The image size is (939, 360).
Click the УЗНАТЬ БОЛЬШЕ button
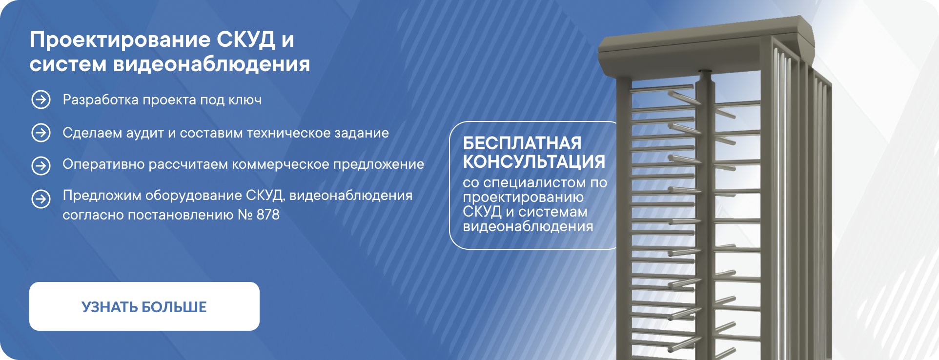click(144, 306)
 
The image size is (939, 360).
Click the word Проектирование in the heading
click(120, 40)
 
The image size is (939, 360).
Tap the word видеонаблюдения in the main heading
click(211, 64)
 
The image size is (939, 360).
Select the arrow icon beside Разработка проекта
click(41, 100)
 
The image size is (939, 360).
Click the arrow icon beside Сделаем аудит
click(41, 133)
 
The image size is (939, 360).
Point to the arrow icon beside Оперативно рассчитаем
click(41, 166)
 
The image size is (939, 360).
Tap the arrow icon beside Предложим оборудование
click(41, 199)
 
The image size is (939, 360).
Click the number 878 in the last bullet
click(268, 215)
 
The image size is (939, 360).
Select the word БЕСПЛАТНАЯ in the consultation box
click(522, 143)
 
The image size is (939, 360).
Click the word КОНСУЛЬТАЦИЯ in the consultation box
click(534, 162)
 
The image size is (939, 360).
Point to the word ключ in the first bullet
click(245, 100)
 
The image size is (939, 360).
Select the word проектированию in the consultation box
click(523, 198)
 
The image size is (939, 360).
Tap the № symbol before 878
click(245, 215)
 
